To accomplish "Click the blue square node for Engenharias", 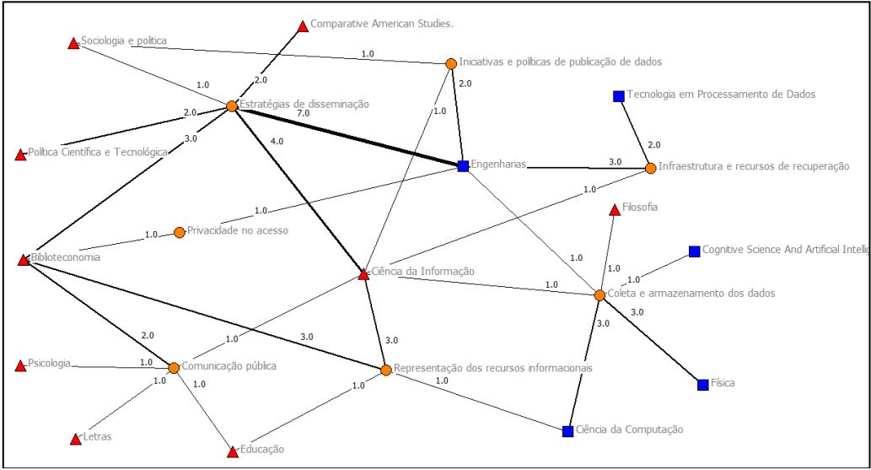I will [463, 166].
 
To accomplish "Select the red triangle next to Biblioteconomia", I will [24, 260].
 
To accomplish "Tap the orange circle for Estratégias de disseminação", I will [232, 106].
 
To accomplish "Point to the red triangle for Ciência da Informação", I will [363, 274].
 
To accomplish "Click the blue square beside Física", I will [703, 385].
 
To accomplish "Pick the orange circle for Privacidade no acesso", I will [179, 232].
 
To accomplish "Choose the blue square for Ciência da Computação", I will [568, 431].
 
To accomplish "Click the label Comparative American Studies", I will [382, 24].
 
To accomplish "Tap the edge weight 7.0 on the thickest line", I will [302, 113].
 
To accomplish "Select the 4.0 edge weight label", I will [277, 142].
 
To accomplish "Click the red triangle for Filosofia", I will [615, 209].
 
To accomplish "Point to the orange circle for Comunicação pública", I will [174, 368].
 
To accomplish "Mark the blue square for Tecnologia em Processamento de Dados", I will [618, 96].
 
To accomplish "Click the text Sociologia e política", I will [124, 41].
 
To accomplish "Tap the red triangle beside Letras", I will [74, 439].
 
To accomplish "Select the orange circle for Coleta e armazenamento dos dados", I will [599, 295].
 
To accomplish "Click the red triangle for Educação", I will [233, 452].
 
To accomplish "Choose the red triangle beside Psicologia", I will [21, 366].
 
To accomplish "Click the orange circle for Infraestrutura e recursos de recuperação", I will [650, 168].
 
